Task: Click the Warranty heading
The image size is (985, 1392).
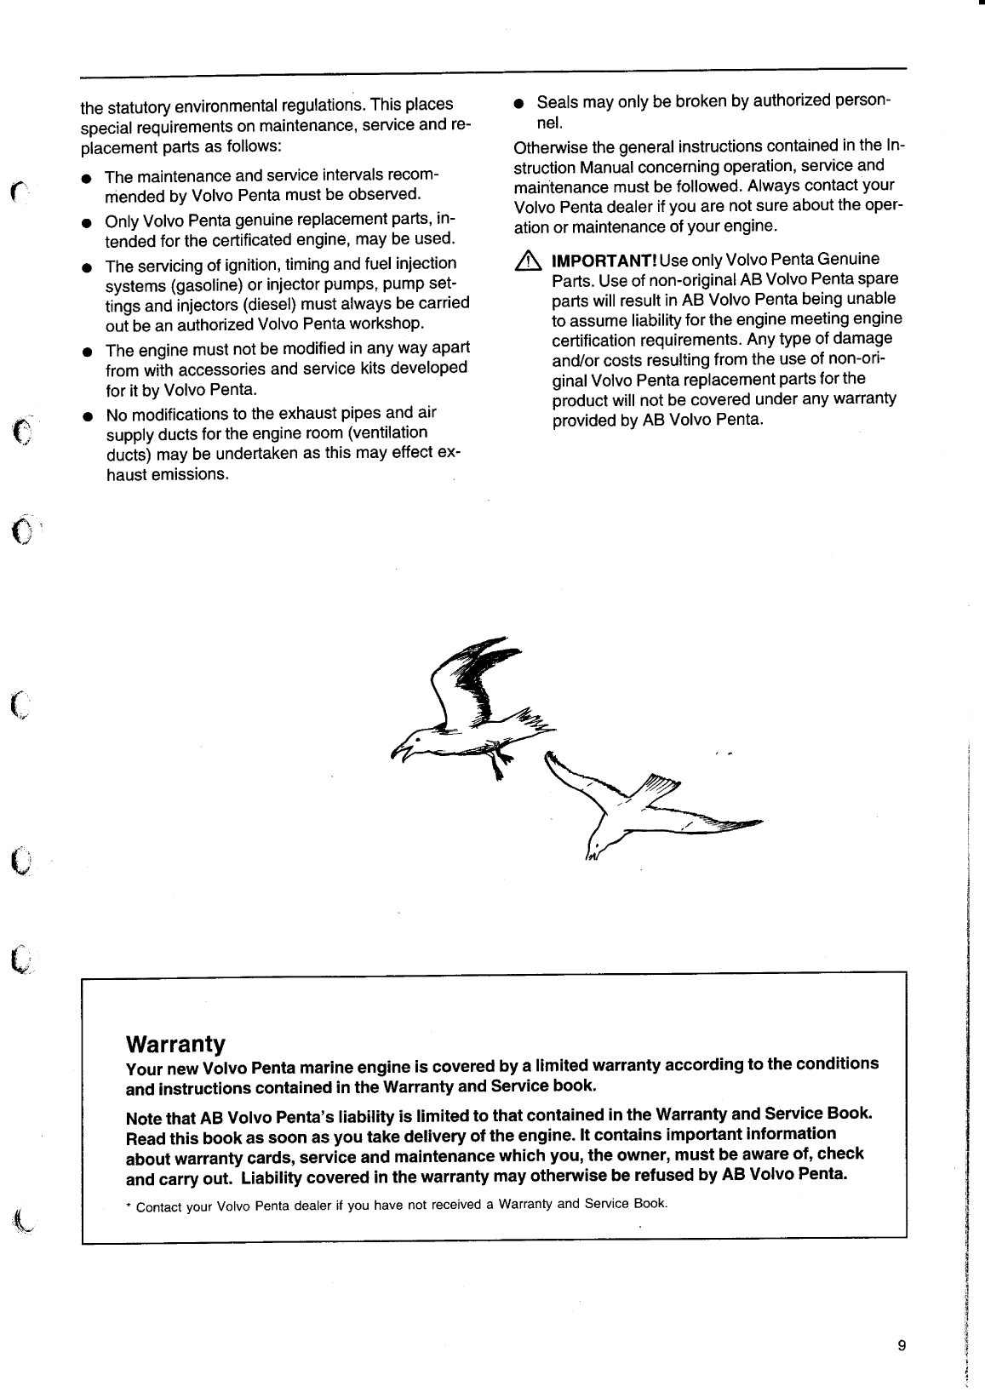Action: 175,1044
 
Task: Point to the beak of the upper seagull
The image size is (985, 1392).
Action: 397,750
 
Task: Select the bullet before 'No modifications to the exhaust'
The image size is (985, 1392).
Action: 86,416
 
